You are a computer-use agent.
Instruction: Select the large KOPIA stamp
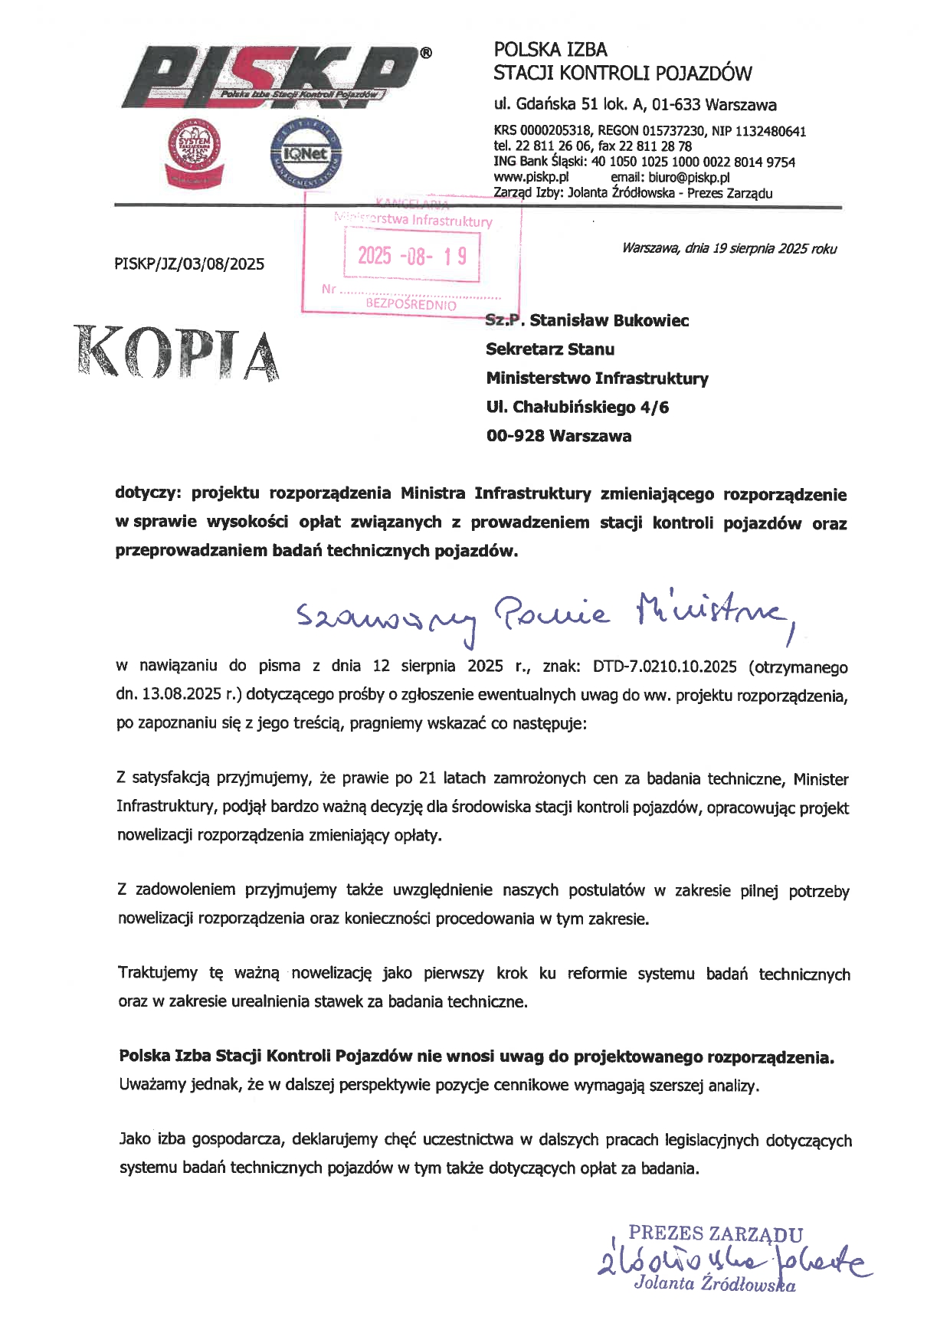(176, 353)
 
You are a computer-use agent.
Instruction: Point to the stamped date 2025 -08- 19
(412, 255)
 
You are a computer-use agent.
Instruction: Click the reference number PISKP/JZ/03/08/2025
(189, 264)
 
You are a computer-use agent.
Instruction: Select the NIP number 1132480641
(771, 132)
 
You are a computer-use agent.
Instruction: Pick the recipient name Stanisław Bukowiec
(609, 320)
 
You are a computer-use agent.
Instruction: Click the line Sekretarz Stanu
(550, 349)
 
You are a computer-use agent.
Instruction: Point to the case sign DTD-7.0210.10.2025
(665, 667)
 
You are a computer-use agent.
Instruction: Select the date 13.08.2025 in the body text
(178, 696)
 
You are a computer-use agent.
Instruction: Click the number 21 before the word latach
(427, 778)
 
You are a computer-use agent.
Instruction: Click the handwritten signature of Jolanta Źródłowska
(732, 1262)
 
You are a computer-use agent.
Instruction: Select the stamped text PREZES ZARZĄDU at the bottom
(716, 1234)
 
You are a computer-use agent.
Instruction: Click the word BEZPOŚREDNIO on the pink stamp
(411, 304)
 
